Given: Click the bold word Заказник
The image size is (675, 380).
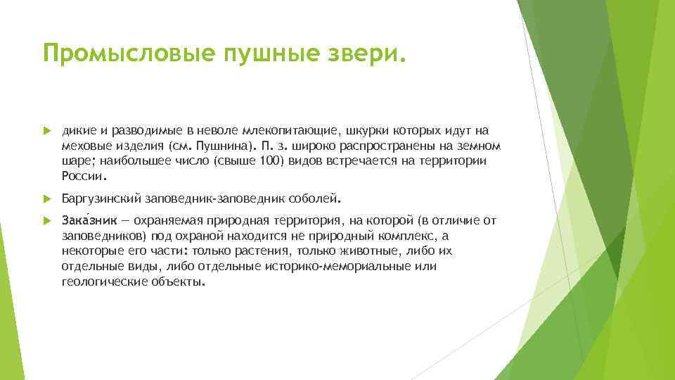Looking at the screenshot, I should (x=87, y=221).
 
